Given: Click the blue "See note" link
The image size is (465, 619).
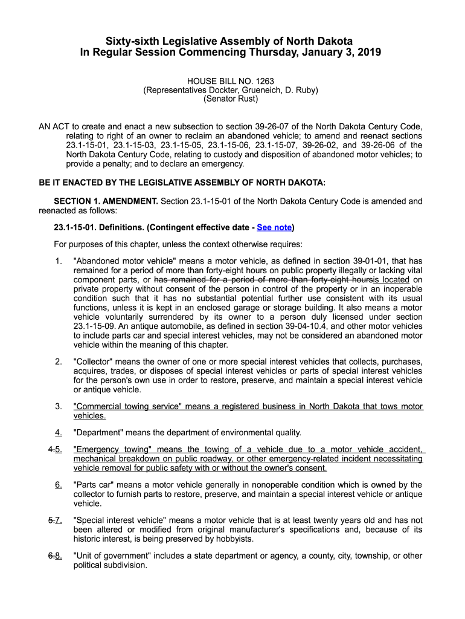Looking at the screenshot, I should tap(274, 228).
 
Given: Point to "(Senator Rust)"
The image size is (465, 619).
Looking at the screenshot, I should tap(231, 99).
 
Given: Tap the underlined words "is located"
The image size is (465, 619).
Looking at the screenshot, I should tap(391, 280).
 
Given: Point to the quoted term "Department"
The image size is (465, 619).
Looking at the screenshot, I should tap(98, 433).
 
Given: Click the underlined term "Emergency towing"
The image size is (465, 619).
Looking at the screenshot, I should tap(111, 450).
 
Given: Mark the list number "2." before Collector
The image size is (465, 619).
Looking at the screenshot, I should tap(59, 362).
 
